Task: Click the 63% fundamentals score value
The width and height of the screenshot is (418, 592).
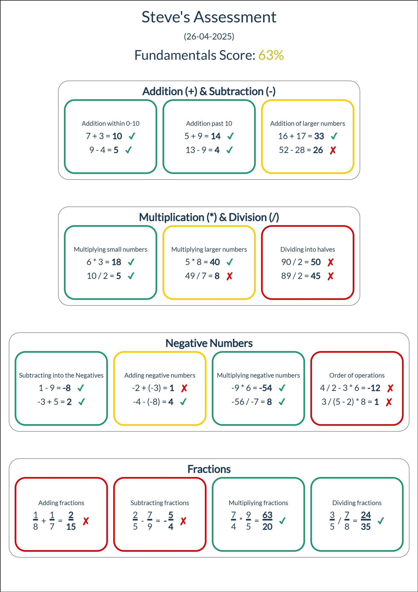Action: click(271, 55)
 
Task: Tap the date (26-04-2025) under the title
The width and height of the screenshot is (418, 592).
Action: click(209, 37)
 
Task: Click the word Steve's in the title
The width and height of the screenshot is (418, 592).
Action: click(166, 17)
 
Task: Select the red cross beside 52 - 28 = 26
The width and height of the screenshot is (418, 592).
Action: click(333, 150)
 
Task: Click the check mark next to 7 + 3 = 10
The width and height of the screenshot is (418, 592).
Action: click(132, 136)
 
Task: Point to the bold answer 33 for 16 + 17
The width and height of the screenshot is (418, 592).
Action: click(319, 136)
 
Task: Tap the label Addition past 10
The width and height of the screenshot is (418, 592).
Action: click(209, 124)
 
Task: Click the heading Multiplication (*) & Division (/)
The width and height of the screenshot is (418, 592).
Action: click(209, 217)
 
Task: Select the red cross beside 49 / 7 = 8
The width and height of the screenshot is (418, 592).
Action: click(229, 276)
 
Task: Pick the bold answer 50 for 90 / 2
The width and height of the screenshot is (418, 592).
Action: click(316, 262)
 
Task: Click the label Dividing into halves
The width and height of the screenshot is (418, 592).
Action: click(307, 249)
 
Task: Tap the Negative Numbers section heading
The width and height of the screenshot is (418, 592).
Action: click(209, 343)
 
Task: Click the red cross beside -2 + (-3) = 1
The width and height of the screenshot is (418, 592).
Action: click(184, 388)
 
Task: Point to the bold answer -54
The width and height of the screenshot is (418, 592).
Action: click(266, 388)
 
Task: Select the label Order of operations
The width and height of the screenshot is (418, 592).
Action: click(357, 376)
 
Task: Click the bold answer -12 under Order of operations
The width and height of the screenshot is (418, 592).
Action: click(374, 388)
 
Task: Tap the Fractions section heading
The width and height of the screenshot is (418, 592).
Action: click(209, 469)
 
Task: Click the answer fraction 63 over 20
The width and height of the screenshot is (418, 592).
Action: click(267, 521)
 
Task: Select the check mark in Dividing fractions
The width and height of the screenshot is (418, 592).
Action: click(381, 521)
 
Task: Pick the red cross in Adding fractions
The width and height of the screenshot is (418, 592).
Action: click(86, 521)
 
